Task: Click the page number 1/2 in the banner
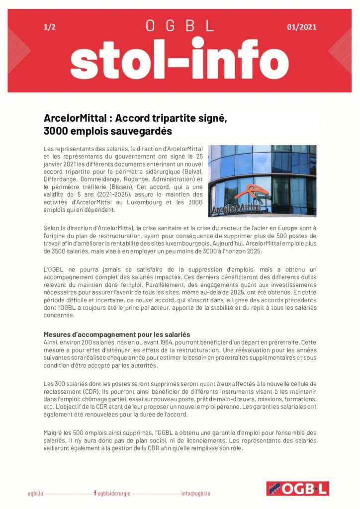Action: (49, 27)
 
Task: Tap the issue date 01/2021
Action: (301, 27)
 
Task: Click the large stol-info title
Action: (180, 62)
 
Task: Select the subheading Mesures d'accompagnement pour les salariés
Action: (117, 334)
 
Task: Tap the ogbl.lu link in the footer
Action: (36, 494)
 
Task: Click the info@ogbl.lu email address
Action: (196, 494)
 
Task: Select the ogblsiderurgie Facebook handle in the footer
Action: (114, 494)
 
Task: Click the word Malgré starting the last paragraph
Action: (53, 433)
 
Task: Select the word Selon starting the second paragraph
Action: (52, 228)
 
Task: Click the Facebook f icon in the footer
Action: (95, 494)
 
